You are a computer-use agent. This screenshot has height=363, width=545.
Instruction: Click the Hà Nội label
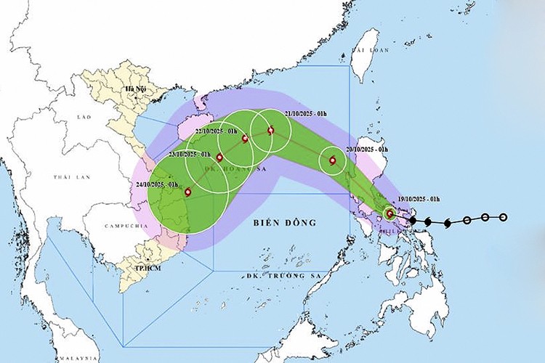point(136,89)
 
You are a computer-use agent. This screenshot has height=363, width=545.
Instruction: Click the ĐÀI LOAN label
point(365,50)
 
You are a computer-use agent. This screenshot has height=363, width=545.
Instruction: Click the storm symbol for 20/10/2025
point(333,161)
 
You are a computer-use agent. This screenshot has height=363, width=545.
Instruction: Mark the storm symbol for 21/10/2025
point(271,131)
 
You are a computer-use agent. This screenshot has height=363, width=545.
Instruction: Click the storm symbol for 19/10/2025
point(389,213)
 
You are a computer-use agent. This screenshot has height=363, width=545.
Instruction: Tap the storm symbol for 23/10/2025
point(219,157)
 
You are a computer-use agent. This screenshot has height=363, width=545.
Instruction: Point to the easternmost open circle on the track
point(503,217)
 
